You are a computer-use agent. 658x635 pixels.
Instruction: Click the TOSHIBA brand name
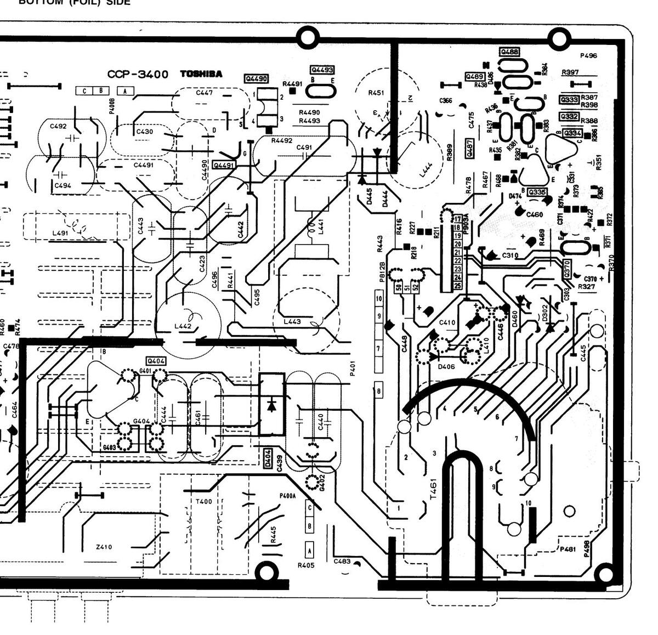pyautogui.click(x=201, y=74)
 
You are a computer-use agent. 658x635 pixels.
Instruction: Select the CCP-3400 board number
pyautogui.click(x=137, y=75)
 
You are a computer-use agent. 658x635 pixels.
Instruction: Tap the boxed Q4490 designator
pyautogui.click(x=256, y=79)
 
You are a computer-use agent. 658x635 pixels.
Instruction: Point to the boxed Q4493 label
pyautogui.click(x=322, y=70)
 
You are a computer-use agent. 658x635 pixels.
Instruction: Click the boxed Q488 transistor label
pyautogui.click(x=509, y=52)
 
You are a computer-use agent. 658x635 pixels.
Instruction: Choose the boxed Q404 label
pyautogui.click(x=156, y=361)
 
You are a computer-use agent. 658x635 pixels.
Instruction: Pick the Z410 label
pyautogui.click(x=104, y=547)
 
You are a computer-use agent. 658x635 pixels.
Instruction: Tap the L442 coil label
pyautogui.click(x=183, y=326)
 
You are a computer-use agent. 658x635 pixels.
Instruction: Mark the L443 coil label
pyautogui.click(x=292, y=321)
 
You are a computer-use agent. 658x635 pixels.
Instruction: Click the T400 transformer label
pyautogui.click(x=203, y=501)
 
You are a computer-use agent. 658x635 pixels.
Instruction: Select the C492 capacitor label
pyautogui.click(x=58, y=126)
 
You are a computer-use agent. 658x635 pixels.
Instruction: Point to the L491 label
pyautogui.click(x=60, y=233)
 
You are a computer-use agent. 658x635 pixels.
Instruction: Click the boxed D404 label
pyautogui.click(x=268, y=458)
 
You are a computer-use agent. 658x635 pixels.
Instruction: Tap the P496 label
pyautogui.click(x=588, y=55)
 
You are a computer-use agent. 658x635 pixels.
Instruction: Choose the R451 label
pyautogui.click(x=376, y=93)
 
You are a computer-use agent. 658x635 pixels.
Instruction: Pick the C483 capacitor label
pyautogui.click(x=342, y=561)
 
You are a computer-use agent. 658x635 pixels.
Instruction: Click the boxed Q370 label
pyautogui.click(x=567, y=268)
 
